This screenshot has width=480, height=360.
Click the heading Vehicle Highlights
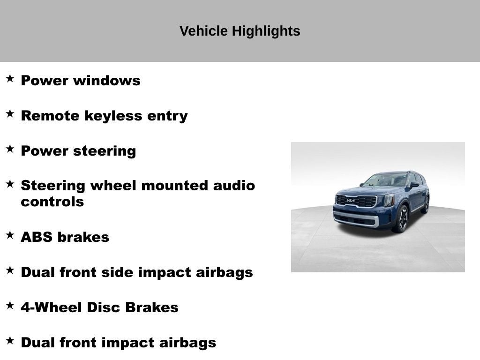[240, 31]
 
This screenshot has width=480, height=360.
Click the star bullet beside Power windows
[10, 78]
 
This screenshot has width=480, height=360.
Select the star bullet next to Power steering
[10, 149]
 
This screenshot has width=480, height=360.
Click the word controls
[52, 202]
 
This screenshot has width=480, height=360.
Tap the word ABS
[37, 237]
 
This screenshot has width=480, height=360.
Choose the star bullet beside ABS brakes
[10, 235]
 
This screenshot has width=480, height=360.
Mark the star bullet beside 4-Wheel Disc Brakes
[10, 305]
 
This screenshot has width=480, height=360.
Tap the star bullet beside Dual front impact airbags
[10, 340]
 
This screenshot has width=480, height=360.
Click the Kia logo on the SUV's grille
[351, 201]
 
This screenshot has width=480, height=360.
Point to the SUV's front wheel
[401, 219]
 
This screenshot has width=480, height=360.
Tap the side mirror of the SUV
[414, 185]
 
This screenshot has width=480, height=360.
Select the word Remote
[50, 116]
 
